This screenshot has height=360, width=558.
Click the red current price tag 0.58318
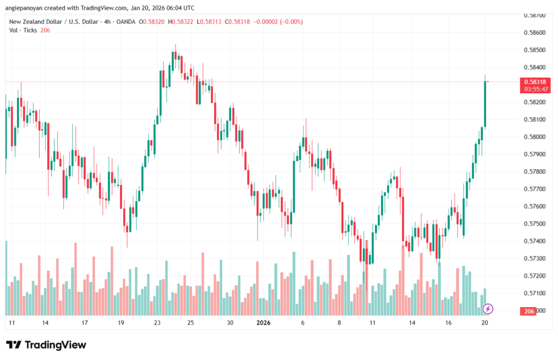coord(535,82)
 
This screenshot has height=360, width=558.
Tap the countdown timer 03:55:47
coord(535,89)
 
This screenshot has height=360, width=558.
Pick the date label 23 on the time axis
coord(157,323)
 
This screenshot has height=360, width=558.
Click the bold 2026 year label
coord(263,323)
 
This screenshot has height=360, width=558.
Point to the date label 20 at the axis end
coord(484,323)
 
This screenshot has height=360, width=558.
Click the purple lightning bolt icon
coord(488,309)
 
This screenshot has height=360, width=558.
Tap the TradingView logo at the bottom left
coord(46,345)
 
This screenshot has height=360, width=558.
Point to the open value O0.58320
coord(153,22)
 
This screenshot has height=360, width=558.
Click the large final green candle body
coord(484,104)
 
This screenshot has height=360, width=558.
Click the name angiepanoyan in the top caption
coord(27,8)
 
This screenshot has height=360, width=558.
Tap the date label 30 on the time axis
coord(230,323)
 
